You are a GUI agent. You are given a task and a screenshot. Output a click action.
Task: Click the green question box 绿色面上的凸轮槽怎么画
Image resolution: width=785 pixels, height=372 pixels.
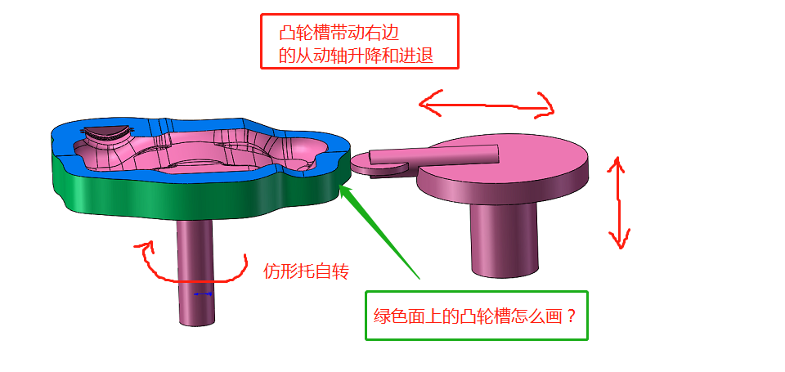tap(476, 316)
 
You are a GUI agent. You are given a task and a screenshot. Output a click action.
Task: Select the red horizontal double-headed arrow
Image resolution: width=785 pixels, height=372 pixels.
tap(487, 104)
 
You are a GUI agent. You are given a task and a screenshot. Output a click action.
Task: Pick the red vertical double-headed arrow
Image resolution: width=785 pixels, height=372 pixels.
tap(618, 204)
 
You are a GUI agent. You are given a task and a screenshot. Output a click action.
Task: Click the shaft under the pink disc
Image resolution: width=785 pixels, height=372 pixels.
tap(504, 237)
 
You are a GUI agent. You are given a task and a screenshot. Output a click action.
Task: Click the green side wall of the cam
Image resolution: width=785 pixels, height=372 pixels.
tap(164, 197)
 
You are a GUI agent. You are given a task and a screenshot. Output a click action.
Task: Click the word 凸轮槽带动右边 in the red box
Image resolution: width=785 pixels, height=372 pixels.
tap(343, 33)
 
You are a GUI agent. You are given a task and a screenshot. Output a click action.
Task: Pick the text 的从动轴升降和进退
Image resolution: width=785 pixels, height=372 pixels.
tap(356, 56)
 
